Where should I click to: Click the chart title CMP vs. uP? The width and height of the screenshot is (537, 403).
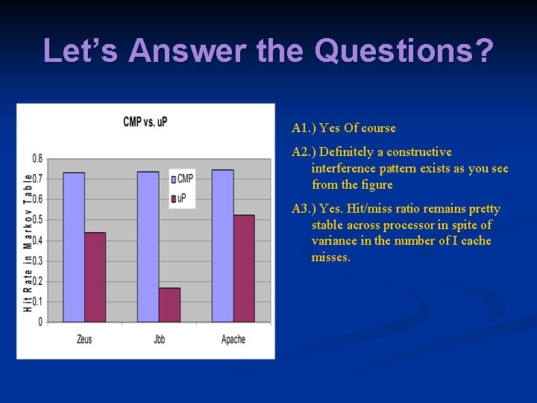click(145, 122)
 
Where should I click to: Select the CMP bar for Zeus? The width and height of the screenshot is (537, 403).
click(74, 247)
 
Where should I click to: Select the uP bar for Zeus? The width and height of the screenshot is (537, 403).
click(95, 277)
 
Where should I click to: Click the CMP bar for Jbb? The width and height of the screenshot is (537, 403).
click(148, 247)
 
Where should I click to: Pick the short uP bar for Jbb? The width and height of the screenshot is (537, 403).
click(169, 304)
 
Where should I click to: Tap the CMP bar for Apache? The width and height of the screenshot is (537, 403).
click(222, 246)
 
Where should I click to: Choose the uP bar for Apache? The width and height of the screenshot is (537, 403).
click(244, 269)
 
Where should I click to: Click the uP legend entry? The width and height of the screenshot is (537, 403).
click(180, 198)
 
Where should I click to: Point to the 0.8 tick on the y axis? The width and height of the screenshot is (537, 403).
click(37, 158)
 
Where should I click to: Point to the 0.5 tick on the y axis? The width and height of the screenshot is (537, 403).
click(37, 219)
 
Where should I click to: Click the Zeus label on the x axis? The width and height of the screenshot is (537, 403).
click(84, 340)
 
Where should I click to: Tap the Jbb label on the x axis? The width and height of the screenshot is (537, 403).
click(159, 340)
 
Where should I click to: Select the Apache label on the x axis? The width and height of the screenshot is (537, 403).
click(233, 340)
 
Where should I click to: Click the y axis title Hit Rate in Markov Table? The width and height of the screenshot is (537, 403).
click(28, 242)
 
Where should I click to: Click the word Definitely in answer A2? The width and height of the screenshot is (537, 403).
click(348, 151)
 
